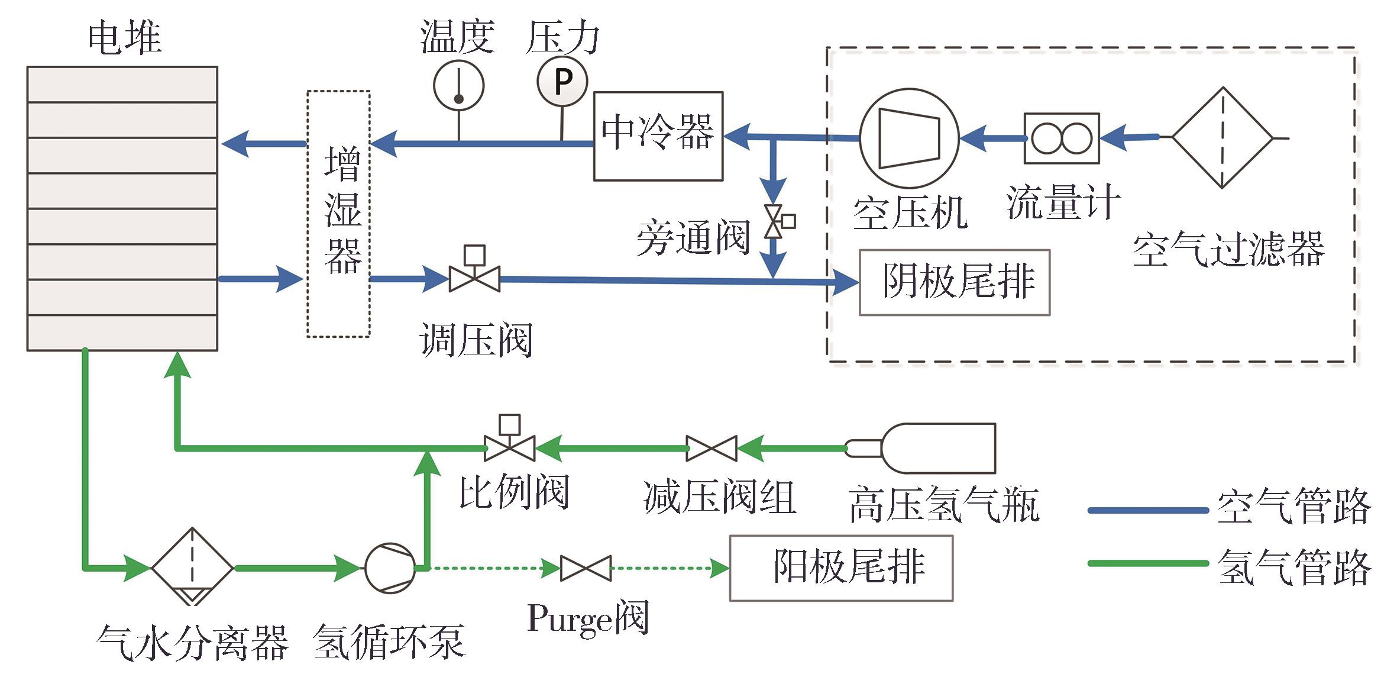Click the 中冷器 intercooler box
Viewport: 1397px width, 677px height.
658,136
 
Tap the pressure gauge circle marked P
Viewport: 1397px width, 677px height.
562,82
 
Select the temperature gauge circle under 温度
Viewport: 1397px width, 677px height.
458,86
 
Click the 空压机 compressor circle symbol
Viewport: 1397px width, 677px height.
909,138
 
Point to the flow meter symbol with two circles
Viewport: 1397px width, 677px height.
1062,138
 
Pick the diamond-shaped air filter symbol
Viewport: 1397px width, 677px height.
1222,138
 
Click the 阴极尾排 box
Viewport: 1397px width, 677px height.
954,282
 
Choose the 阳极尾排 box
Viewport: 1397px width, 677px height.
840,568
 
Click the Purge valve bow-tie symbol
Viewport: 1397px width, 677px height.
586,568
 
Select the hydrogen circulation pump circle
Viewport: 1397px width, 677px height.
390,568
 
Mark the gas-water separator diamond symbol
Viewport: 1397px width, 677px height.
192,567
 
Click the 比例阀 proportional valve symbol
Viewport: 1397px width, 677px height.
509,444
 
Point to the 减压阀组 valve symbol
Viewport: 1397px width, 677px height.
712,449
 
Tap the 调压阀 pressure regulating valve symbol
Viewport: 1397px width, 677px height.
474,273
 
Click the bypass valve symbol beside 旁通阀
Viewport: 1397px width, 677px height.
775,222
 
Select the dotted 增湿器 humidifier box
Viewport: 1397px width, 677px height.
338,214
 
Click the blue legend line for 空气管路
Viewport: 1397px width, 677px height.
1147,510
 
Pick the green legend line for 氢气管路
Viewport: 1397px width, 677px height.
1147,563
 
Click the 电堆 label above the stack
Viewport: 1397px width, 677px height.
124,38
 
